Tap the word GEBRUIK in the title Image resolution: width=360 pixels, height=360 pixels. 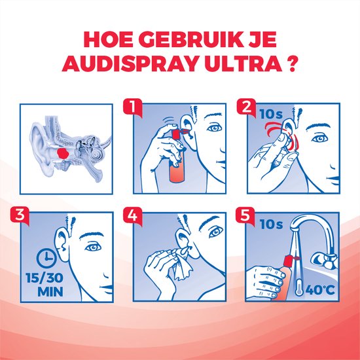coord(190,39)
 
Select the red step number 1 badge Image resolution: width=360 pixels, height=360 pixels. coord(133,107)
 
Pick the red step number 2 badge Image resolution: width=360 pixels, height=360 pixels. coord(246,107)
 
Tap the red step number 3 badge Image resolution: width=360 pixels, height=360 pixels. coord(20,215)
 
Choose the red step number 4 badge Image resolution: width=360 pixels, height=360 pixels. coord(132,215)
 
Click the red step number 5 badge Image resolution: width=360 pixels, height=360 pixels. coord(245,215)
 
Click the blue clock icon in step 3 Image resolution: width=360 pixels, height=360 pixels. coord(46,259)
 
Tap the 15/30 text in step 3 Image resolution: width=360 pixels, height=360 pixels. coord(45,278)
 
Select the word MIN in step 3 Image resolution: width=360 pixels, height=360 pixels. coord(50,291)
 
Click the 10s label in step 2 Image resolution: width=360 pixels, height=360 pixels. coord(271,114)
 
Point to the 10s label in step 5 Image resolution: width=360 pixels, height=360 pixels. coord(271,224)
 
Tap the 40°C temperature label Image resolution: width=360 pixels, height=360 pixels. coord(320,290)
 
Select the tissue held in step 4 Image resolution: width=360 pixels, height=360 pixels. coord(182,270)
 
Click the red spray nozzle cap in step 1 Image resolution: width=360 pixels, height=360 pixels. coord(176,134)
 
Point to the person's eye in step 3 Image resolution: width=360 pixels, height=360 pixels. coord(93,247)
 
